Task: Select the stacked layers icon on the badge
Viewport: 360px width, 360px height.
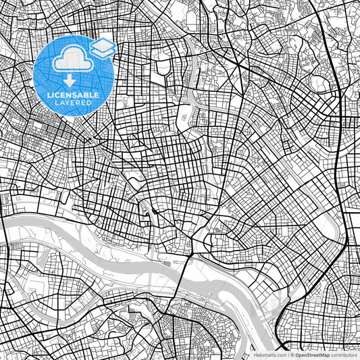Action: (x=102, y=47)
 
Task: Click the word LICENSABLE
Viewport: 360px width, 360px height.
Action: (x=74, y=96)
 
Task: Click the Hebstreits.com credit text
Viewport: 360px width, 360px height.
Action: (x=269, y=354)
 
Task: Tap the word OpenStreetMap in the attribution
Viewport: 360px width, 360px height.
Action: (x=311, y=354)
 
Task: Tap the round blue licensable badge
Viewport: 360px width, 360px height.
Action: (x=74, y=74)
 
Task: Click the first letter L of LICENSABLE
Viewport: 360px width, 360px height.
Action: (x=49, y=96)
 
